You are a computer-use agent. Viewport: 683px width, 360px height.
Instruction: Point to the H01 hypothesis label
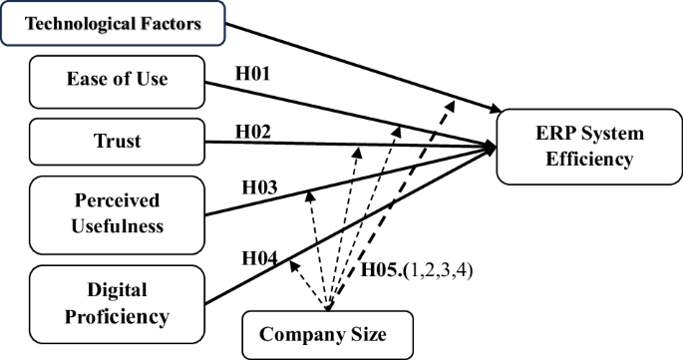(x=252, y=73)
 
